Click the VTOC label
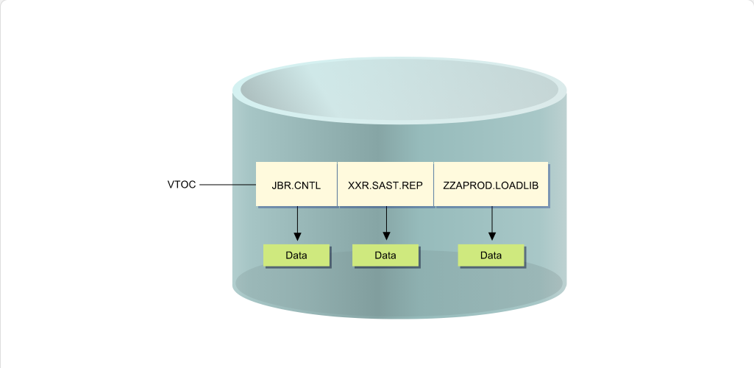click(182, 184)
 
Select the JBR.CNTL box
click(296, 184)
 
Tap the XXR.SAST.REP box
click(385, 184)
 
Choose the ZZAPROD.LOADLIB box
click(491, 184)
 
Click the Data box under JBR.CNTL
click(296, 255)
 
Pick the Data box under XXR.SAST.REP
click(385, 255)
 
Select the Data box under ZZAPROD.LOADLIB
click(491, 255)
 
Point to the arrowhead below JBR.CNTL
click(297, 236)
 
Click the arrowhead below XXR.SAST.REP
click(386, 236)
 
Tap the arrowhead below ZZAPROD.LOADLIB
click(492, 236)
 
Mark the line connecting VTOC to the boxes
click(227, 184)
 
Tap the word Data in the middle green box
click(385, 255)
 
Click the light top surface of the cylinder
click(399, 90)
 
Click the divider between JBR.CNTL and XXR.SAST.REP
click(338, 184)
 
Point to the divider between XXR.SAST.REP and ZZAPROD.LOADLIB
click(434, 184)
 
